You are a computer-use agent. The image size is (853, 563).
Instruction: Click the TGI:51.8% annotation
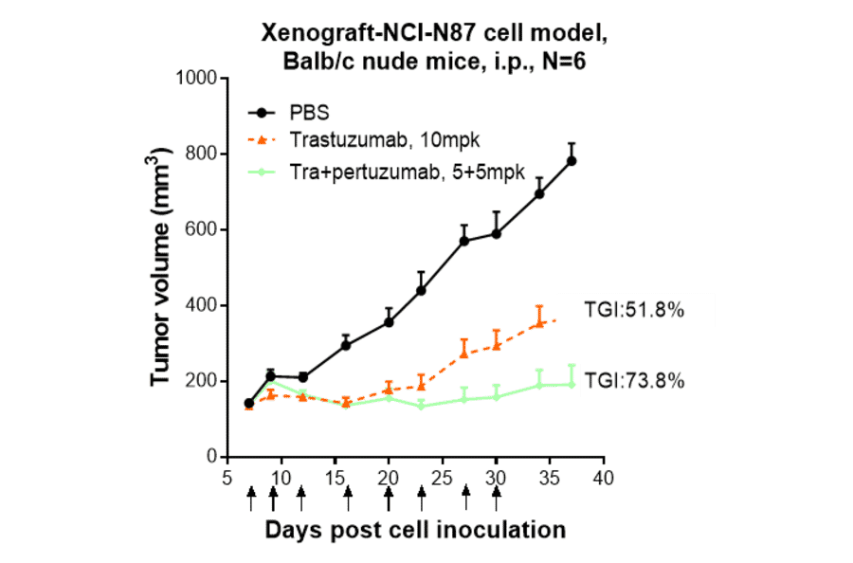(633, 311)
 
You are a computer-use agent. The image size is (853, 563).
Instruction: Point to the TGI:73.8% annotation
(633, 381)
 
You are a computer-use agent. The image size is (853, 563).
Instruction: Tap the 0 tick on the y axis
(212, 457)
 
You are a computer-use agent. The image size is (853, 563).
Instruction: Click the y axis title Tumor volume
(162, 267)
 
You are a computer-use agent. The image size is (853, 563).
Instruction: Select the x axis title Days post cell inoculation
(415, 529)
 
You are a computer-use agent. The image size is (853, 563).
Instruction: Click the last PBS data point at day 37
(572, 161)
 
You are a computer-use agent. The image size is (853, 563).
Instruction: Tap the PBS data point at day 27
(464, 242)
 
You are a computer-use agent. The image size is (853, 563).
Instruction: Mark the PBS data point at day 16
(346, 345)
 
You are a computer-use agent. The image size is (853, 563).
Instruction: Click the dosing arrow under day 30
(496, 497)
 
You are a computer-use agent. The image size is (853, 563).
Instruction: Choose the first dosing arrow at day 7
(250, 497)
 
